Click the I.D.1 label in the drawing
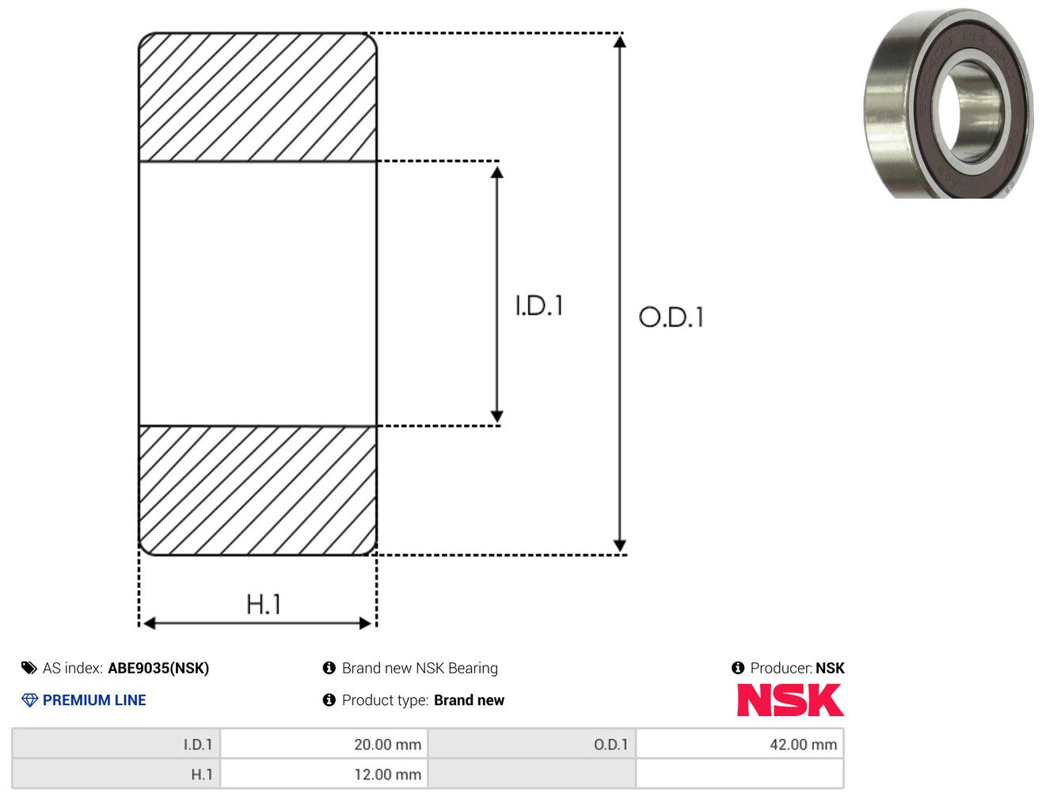point(539,305)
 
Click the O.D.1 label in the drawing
point(671,317)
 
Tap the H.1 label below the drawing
point(263,604)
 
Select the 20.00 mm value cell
point(324,744)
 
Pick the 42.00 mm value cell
point(740,744)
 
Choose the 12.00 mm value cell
point(324,774)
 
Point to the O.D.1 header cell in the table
point(532,744)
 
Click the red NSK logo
point(790,700)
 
